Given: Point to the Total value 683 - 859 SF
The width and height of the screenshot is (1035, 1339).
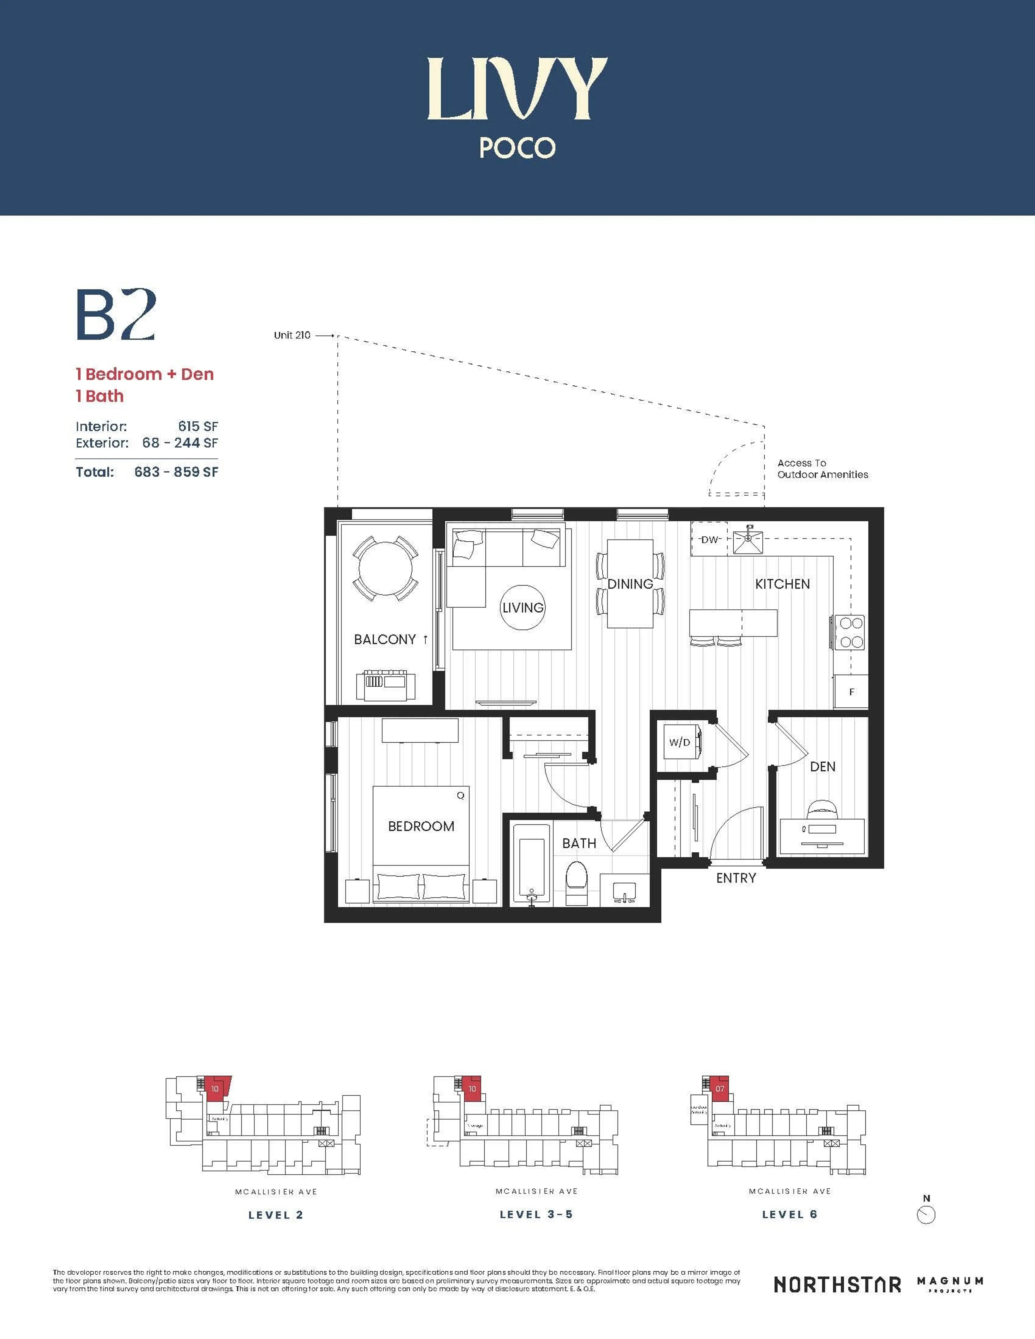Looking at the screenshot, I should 176,472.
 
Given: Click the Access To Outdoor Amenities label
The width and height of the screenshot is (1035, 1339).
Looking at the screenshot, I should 822,469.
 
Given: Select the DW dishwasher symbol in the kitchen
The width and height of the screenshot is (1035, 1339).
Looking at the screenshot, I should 709,539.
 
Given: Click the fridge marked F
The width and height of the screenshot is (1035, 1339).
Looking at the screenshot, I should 851,691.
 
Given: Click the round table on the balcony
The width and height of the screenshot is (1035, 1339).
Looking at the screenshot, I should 386,568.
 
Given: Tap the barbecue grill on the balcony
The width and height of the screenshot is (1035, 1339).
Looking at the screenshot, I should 386,685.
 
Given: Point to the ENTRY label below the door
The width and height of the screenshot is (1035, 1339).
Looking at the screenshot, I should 736,878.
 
